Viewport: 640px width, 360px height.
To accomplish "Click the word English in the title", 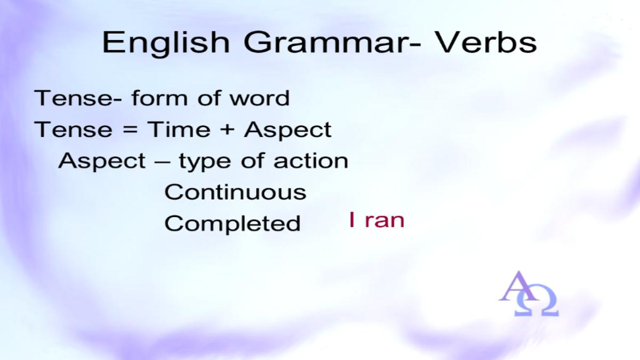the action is tap(166, 44).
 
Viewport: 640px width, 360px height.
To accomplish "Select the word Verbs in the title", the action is tap(486, 42).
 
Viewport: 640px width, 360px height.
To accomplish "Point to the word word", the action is tap(260, 98).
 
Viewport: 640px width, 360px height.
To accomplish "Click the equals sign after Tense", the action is tap(130, 130).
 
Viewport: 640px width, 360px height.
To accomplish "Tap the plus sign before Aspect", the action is tap(227, 130).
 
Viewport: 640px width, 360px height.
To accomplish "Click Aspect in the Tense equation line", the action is tap(287, 130).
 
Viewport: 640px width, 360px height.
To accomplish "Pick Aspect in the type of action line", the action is tap(102, 162).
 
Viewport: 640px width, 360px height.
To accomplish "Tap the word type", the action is tap(205, 162).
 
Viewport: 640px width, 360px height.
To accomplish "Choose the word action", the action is tap(311, 161).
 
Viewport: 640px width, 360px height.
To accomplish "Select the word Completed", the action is tap(233, 224).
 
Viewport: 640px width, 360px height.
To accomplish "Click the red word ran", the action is tap(385, 221).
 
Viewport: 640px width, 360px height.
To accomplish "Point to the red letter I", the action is tap(352, 219).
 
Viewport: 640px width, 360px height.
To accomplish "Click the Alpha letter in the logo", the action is tap(518, 286).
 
